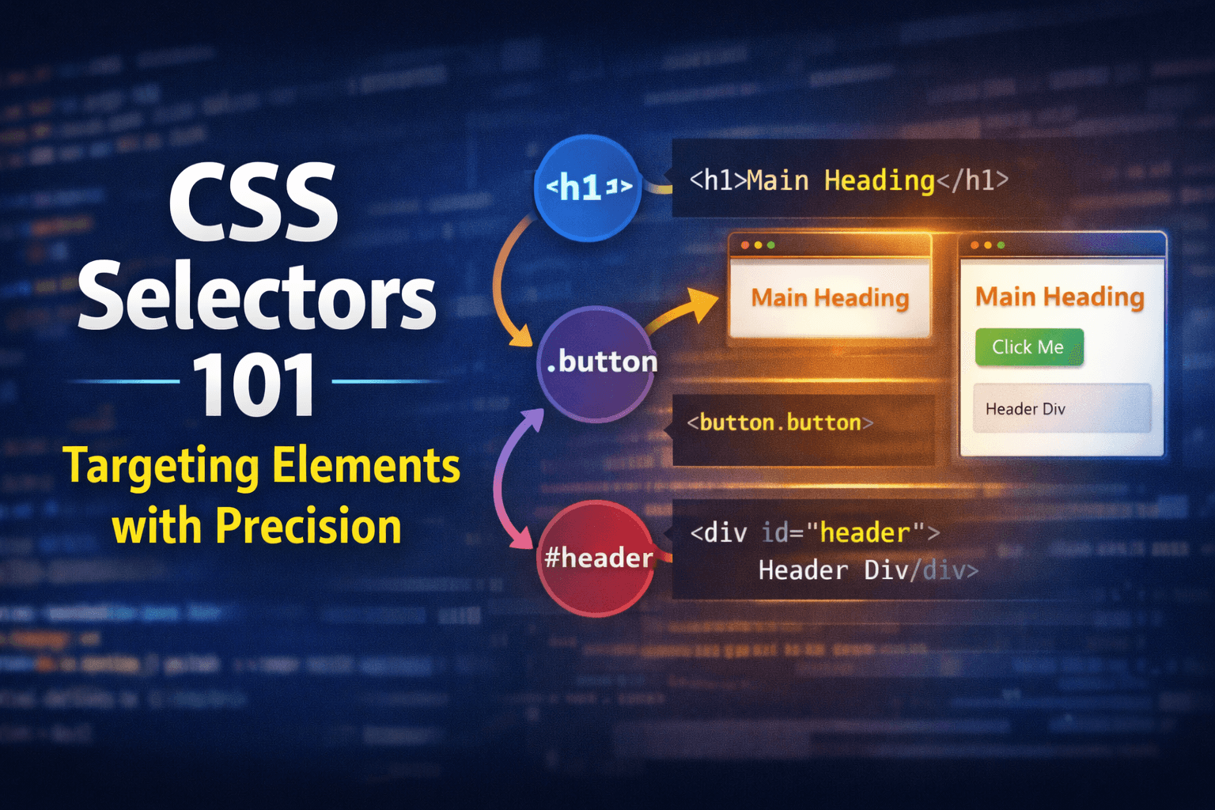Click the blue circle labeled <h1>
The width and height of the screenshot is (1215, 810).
pos(588,187)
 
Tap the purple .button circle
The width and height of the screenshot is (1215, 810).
pos(597,363)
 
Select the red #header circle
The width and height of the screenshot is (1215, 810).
pos(597,558)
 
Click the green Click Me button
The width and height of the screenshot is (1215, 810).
pos(1028,347)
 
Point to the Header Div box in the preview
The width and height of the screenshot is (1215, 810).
pos(1061,409)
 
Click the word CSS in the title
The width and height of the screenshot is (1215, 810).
pos(254,203)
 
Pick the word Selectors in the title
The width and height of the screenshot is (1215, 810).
pos(257,299)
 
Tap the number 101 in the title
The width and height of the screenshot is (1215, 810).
pos(255,385)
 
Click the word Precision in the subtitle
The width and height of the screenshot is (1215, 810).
pos(308,527)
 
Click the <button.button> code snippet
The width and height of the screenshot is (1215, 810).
pos(780,423)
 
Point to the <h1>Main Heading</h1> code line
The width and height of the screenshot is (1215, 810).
pos(849,181)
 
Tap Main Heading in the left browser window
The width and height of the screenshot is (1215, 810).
pos(830,298)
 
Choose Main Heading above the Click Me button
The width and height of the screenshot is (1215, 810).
pos(1059,297)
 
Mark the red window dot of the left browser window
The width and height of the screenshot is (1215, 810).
pos(745,245)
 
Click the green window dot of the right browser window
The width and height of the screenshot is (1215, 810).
pos(1001,245)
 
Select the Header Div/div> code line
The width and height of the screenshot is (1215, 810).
pos(868,570)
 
